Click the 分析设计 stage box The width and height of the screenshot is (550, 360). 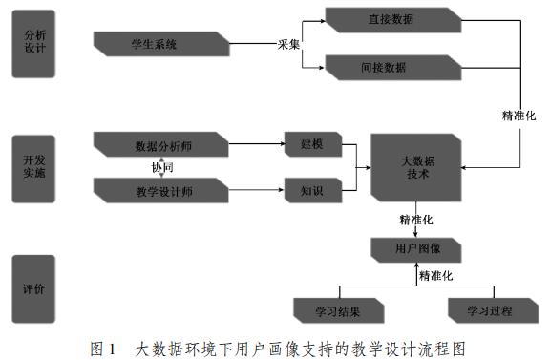tap(34, 44)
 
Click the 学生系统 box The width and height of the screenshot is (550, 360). tap(161, 43)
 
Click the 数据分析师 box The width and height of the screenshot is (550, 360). tap(161, 146)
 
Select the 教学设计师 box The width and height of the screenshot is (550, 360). tap(161, 189)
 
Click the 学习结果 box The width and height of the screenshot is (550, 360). tap(338, 310)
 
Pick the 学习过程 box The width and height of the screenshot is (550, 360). tap(489, 310)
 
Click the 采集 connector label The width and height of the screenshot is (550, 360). tap(288, 44)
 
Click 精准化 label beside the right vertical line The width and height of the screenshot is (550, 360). tap(519, 116)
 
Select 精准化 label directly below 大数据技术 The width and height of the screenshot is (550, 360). tap(416, 220)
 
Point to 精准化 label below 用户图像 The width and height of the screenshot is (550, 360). tap(435, 276)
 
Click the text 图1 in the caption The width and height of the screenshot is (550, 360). tap(102, 347)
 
